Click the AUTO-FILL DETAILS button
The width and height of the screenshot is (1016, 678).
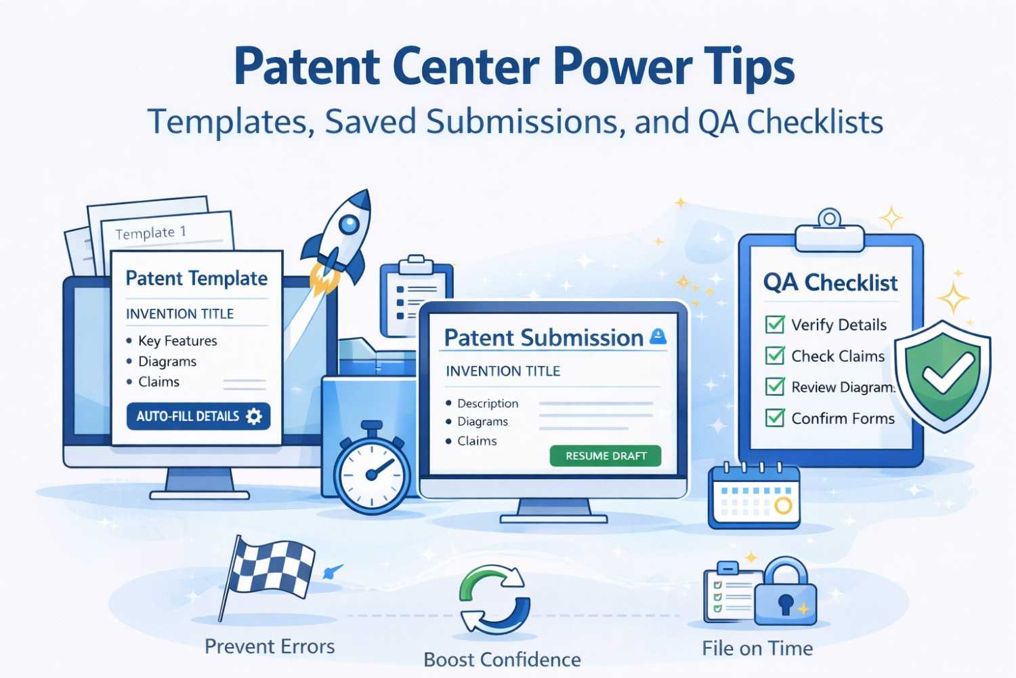pyautogui.click(x=198, y=416)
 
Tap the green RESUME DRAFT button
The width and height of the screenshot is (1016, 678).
pyautogui.click(x=606, y=456)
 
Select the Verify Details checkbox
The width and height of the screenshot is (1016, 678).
pyautogui.click(x=775, y=325)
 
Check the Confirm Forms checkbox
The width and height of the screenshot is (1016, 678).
pyautogui.click(x=775, y=418)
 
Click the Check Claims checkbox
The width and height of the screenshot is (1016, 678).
pyautogui.click(x=775, y=355)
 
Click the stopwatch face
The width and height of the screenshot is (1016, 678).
pyautogui.click(x=372, y=474)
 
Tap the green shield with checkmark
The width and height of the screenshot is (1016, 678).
pyautogui.click(x=942, y=374)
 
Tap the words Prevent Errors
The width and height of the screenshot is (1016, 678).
pyautogui.click(x=270, y=647)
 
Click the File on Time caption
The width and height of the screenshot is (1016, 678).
pyautogui.click(x=757, y=649)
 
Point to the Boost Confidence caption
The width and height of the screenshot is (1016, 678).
pyautogui.click(x=502, y=660)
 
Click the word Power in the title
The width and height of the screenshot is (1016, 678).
pyautogui.click(x=622, y=67)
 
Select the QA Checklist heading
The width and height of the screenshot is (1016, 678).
pyautogui.click(x=830, y=282)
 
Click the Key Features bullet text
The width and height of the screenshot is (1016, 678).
pyautogui.click(x=177, y=341)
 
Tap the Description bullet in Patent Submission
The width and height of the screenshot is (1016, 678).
pyautogui.click(x=488, y=403)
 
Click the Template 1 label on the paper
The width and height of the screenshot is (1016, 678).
pyautogui.click(x=150, y=233)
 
